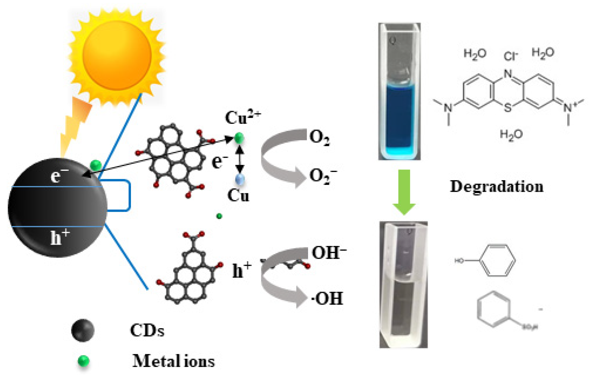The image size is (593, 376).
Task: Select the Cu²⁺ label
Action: [242, 118]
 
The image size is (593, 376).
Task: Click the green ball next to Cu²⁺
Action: [239, 137]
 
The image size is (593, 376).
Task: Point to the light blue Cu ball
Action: [240, 180]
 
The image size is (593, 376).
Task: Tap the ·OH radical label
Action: [327, 298]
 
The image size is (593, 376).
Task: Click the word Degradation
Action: [496, 186]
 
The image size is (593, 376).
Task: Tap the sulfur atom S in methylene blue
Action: [508, 108]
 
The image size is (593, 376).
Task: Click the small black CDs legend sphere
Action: [83, 330]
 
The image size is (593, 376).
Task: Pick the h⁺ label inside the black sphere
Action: [59, 238]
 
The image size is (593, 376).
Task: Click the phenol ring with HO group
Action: [497, 261]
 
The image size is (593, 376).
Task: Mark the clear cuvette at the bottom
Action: [403, 285]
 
